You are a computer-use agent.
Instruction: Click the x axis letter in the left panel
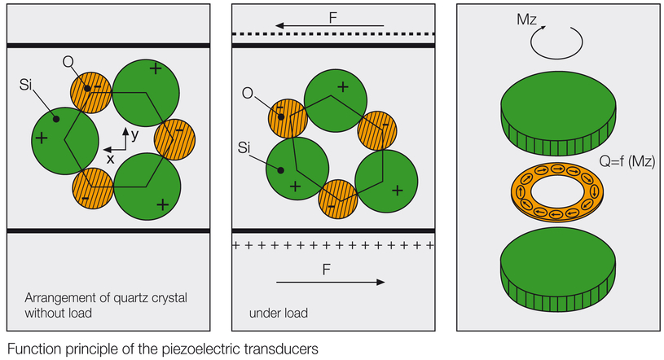(109, 160)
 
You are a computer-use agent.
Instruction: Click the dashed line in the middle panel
(333, 34)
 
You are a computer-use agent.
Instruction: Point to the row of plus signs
(333, 245)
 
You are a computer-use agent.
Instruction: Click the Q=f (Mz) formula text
(628, 163)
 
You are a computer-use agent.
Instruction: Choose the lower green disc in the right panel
(556, 272)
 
